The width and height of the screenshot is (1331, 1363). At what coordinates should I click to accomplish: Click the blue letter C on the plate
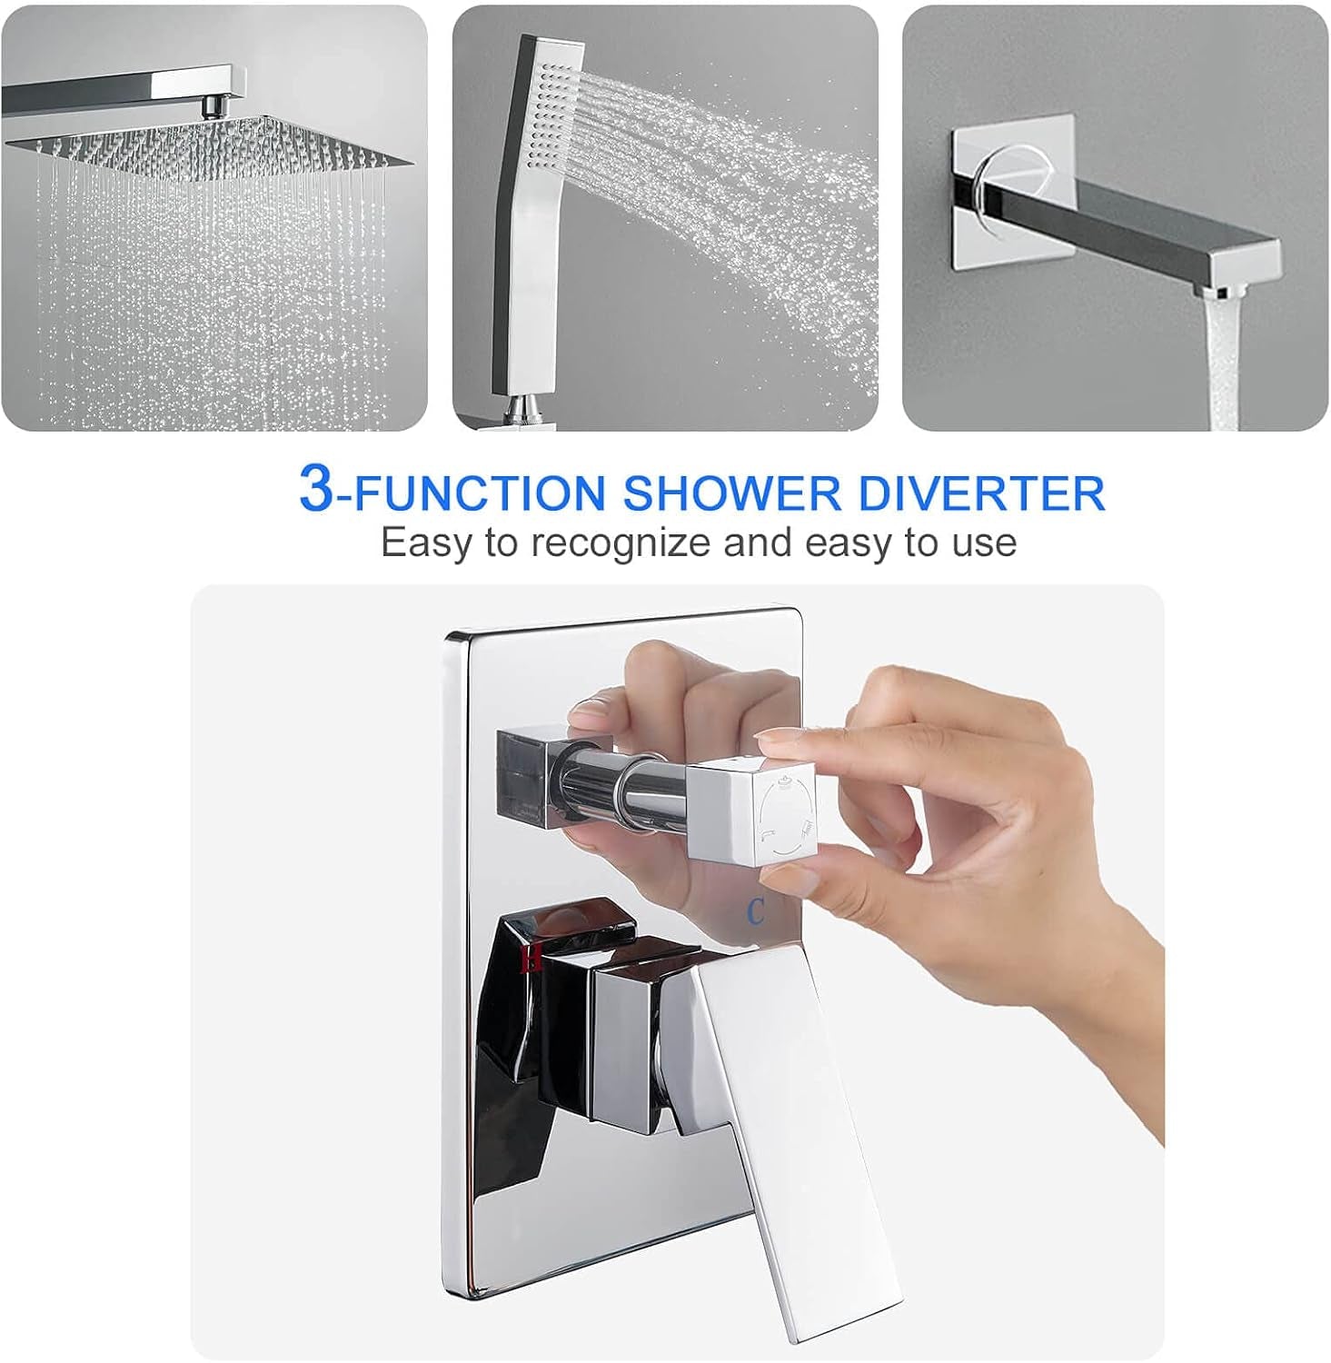(x=756, y=910)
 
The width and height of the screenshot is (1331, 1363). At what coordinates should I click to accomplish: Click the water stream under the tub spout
(x=1222, y=363)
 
